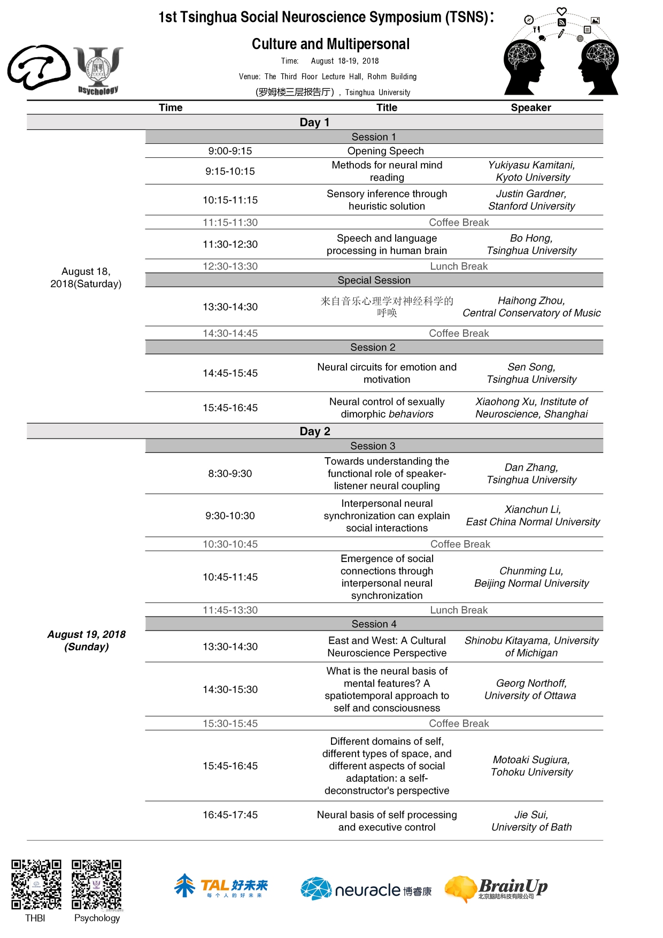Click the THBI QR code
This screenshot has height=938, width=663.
pos(36,884)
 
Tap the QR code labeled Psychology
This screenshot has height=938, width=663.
pos(97,884)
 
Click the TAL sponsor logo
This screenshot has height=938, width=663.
pos(221,887)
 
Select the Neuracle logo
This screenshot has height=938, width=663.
pos(366,889)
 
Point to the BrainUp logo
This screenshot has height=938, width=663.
pos(496,889)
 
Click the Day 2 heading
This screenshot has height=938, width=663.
pos(314,431)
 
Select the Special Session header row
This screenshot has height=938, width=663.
pos(374,280)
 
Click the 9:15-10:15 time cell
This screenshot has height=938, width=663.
pos(230,171)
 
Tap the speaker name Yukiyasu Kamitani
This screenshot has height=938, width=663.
pos(531,165)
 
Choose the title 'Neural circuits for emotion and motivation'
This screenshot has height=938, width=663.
pos(387,373)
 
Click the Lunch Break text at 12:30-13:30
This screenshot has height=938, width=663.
pos(458,266)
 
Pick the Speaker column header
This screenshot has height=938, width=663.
pos(530,107)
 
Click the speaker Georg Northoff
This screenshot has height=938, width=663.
pos(531,683)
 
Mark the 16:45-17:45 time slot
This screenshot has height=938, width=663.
pos(230,814)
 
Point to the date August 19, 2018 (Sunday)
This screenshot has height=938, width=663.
pos(86,640)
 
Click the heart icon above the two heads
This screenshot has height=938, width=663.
pos(561,11)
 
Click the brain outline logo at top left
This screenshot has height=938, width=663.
pos(38,67)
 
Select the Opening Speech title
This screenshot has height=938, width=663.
pos(385,151)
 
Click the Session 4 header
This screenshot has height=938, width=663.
pos(374,624)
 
